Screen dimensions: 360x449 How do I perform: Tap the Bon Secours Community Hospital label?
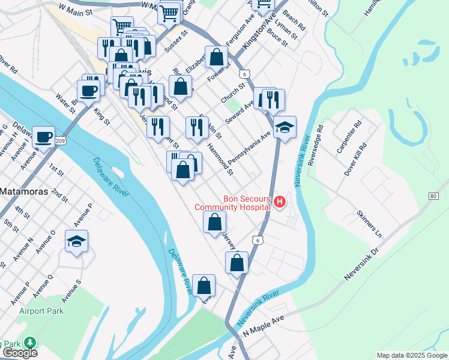tap(232, 203)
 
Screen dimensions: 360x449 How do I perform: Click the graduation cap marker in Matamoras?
tap(76, 241)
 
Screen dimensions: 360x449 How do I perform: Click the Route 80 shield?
tap(433, 196)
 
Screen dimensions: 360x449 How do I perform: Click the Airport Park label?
tap(41, 311)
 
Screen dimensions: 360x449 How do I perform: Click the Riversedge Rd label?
tap(316, 145)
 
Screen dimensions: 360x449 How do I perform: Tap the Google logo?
tap(19, 353)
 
